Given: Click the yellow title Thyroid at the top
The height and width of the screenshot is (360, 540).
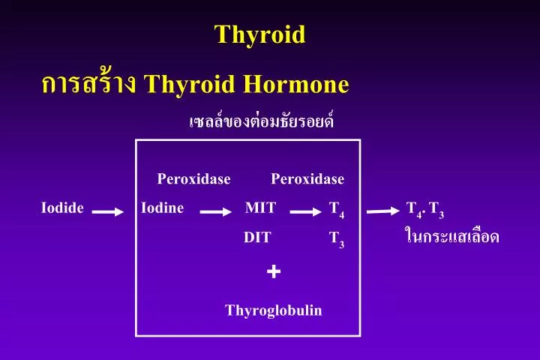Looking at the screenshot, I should (x=259, y=34).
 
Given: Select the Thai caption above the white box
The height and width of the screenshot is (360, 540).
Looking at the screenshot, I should (x=261, y=121).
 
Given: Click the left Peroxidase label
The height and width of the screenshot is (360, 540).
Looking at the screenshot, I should (x=193, y=179).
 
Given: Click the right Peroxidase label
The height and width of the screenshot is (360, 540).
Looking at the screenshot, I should (x=307, y=179).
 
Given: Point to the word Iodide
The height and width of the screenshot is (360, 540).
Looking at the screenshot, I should (x=62, y=208).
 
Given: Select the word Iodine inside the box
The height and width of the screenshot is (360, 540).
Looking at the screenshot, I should (x=162, y=208).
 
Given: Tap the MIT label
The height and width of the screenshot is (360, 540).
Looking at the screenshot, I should (x=260, y=208).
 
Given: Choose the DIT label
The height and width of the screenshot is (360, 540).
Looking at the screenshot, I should (x=257, y=238).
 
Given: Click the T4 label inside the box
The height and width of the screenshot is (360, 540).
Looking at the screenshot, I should (x=337, y=210).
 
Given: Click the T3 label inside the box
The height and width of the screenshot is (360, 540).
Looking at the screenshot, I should (x=337, y=239).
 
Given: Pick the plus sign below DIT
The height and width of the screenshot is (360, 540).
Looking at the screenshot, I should (x=274, y=271).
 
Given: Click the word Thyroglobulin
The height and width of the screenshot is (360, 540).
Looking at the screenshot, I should (x=274, y=310).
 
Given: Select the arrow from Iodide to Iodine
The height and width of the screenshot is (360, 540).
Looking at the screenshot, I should (x=107, y=212).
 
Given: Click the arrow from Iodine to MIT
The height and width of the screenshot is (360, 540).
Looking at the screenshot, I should (x=215, y=212).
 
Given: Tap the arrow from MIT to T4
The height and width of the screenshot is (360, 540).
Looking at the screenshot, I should (x=305, y=212).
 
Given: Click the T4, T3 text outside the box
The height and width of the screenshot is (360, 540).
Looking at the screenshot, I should (x=425, y=209).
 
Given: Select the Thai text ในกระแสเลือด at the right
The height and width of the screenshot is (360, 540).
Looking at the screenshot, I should (x=451, y=237).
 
